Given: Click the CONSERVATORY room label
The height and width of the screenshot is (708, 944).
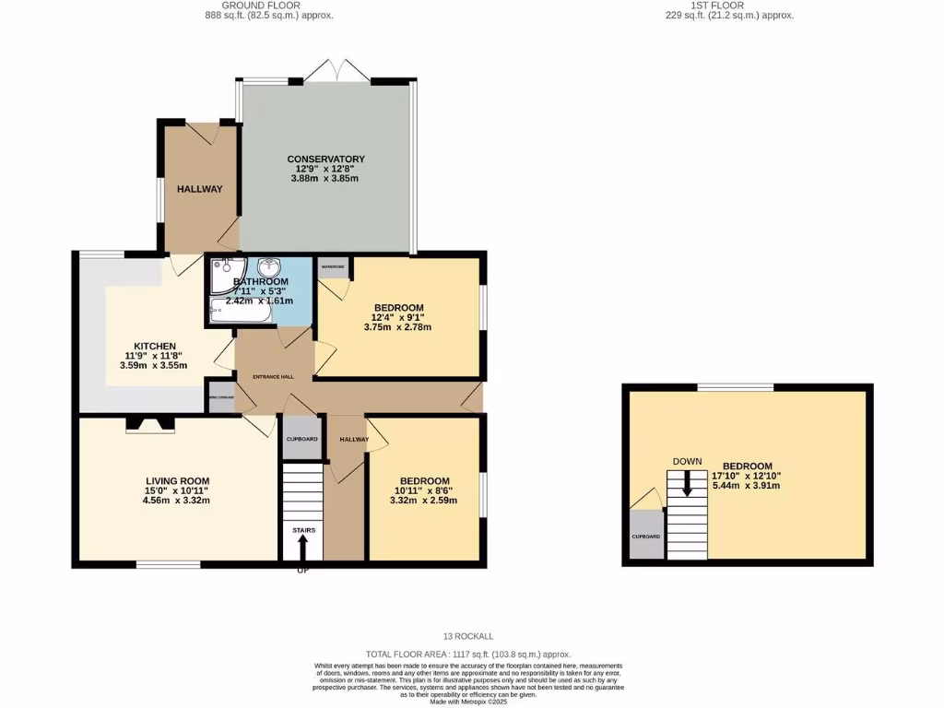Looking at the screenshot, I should (325, 159).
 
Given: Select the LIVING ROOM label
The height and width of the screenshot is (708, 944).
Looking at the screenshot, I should (178, 480).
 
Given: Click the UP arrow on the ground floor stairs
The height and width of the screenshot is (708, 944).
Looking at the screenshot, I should (303, 549).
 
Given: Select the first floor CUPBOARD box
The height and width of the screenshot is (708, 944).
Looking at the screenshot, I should (645, 536).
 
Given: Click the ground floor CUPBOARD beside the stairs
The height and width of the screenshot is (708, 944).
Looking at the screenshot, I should (302, 439).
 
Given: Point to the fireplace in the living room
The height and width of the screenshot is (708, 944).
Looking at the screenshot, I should (149, 423).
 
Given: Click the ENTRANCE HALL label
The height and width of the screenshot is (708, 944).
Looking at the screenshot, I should (274, 377).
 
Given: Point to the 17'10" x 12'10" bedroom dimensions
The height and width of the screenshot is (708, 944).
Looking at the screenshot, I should (748, 476).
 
